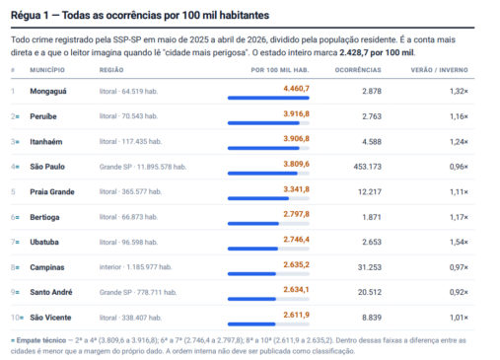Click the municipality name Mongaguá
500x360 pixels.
48,92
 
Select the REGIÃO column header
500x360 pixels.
111,70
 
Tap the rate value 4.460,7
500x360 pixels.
296,89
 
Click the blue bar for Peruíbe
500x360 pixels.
263,123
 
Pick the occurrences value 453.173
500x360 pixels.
368,167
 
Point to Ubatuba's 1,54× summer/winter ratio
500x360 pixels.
459,243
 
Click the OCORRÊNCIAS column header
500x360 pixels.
358,70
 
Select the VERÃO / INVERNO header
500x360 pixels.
439,70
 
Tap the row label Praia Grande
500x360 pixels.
52,192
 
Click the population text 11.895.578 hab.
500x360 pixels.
162,167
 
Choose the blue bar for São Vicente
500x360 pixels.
251,324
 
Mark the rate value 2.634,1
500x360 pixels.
296,290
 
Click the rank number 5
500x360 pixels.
13,192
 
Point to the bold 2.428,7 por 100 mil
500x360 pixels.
377,52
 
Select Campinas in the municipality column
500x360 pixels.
47,267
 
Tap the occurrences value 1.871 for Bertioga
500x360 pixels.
372,217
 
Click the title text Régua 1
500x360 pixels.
30,15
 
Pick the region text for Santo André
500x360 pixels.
138,292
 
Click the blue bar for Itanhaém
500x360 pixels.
263,148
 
